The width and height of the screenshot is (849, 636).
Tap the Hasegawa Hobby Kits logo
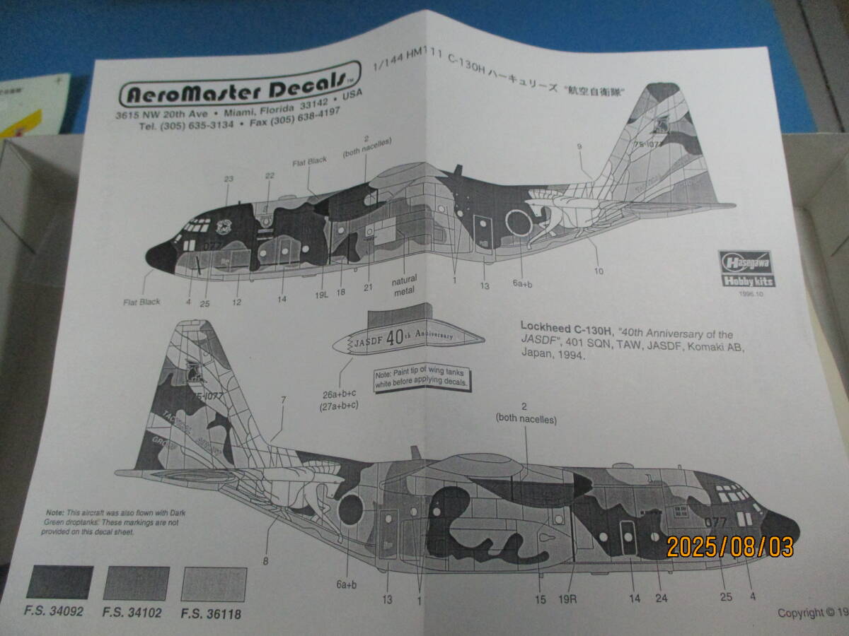pyautogui.click(x=746, y=269)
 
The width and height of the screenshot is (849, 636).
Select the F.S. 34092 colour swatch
pyautogui.click(x=60, y=583)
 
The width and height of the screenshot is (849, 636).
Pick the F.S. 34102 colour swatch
pyautogui.click(x=137, y=584)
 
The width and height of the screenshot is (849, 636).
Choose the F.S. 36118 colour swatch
pyautogui.click(x=213, y=584)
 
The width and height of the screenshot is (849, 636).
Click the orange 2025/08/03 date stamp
pyautogui.click(x=729, y=546)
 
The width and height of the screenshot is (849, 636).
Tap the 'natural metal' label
pyautogui.click(x=404, y=284)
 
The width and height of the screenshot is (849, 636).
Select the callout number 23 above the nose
pyautogui.click(x=228, y=179)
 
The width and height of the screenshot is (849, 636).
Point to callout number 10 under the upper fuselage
pyautogui.click(x=599, y=270)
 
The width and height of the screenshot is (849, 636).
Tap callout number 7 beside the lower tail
pyautogui.click(x=283, y=400)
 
